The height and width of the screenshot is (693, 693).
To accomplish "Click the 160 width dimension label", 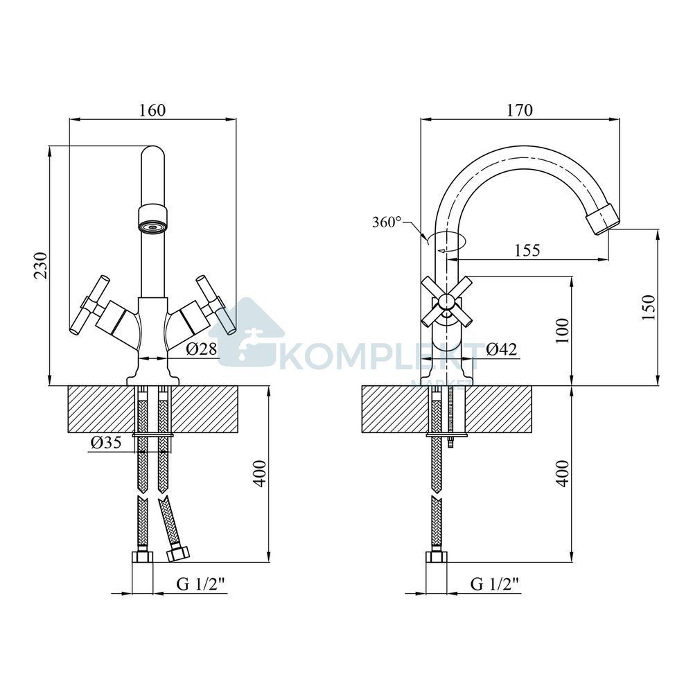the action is coord(152,109).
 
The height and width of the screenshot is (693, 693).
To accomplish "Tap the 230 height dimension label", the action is coord(41,265).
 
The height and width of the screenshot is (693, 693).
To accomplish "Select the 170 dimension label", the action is coord(520,109).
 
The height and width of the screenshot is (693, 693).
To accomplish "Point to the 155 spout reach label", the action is coord(527,250).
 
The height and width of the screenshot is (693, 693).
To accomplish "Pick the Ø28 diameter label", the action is coord(202,349).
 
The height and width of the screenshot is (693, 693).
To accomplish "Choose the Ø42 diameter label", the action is coord(501,349).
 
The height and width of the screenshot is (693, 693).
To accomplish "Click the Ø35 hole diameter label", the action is coord(106,442).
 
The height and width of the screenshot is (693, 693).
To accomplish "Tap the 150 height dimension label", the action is coord(649,308).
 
